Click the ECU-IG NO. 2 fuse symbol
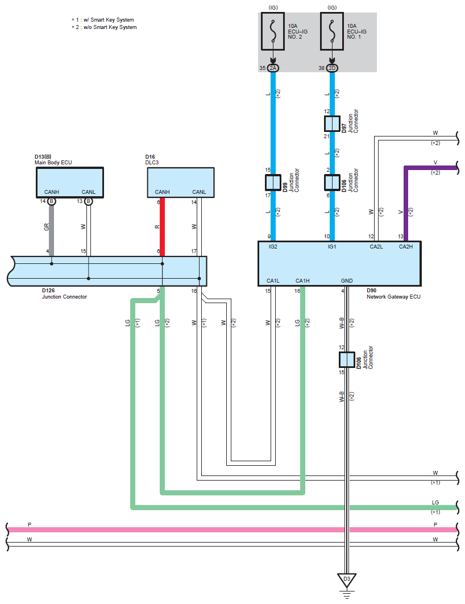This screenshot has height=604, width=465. coord(273,31)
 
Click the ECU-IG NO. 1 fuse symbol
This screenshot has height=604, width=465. coord(332,31)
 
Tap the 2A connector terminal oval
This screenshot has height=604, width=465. coord(273,68)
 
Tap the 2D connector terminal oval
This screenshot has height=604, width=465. coord(332,68)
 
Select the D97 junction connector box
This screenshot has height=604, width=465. coord(332,123)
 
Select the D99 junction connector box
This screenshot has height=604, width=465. coord(273,183)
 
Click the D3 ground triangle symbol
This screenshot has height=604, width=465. coord(347,580)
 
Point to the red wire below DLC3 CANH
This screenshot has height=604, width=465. coord(162,227)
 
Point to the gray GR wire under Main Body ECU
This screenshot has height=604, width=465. coord(52,230)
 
